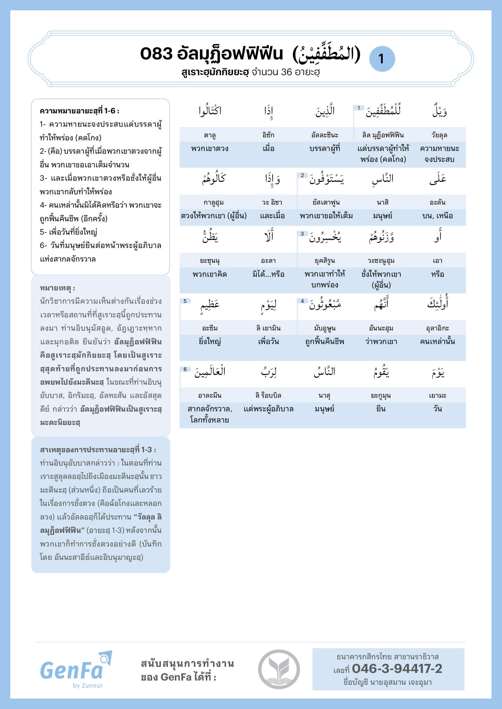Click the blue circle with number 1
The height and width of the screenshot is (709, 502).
tap(382, 59)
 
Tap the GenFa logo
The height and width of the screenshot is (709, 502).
tap(76, 669)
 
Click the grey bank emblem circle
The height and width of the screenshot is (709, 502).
tap(279, 669)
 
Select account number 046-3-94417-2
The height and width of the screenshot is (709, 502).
tap(397, 669)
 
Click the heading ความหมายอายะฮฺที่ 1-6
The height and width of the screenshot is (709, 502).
tap(80, 111)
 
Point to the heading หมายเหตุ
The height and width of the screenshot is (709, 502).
tap(57, 288)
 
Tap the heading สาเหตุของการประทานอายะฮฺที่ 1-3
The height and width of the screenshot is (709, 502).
tap(98, 450)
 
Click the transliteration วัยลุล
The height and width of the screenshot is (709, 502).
tap(439, 135)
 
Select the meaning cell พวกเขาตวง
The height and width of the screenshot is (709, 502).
tap(210, 149)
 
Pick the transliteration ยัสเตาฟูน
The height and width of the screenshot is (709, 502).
tap(326, 202)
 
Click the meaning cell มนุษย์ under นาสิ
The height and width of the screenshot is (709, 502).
tap(382, 216)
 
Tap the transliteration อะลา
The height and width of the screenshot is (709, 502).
tap(268, 261)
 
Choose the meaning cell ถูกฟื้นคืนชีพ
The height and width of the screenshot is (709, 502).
tap(324, 342)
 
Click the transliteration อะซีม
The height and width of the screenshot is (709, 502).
tap(210, 328)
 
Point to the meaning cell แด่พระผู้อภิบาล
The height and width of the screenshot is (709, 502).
tap(268, 409)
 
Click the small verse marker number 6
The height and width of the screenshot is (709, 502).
tap(185, 369)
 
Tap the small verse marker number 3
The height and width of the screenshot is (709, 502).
tap(302, 234)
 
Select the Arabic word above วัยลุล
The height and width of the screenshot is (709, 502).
tap(439, 111)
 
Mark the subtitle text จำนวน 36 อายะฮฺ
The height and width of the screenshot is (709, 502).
tap(285, 72)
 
